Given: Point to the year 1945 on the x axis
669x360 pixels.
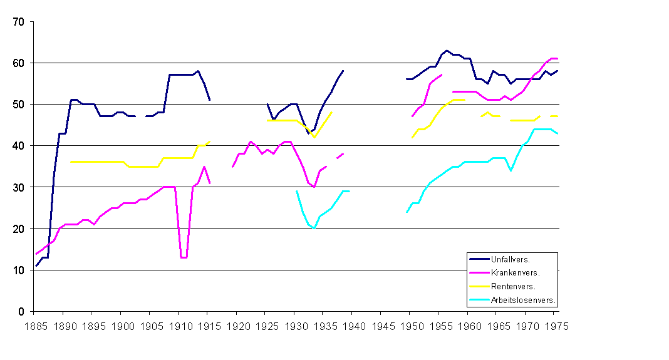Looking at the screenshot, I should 383,326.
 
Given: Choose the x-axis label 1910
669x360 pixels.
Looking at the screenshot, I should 179,326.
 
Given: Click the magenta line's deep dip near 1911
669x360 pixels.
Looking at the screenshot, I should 183,257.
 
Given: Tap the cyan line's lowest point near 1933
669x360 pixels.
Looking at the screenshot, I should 314,229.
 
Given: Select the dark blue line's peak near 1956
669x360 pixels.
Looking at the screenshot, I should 447,51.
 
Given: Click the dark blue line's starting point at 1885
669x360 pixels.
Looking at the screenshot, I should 36,266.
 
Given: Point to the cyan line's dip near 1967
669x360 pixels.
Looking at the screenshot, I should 511,170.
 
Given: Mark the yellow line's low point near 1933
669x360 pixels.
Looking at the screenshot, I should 314,137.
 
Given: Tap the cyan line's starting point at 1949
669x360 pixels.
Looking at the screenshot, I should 407,212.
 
